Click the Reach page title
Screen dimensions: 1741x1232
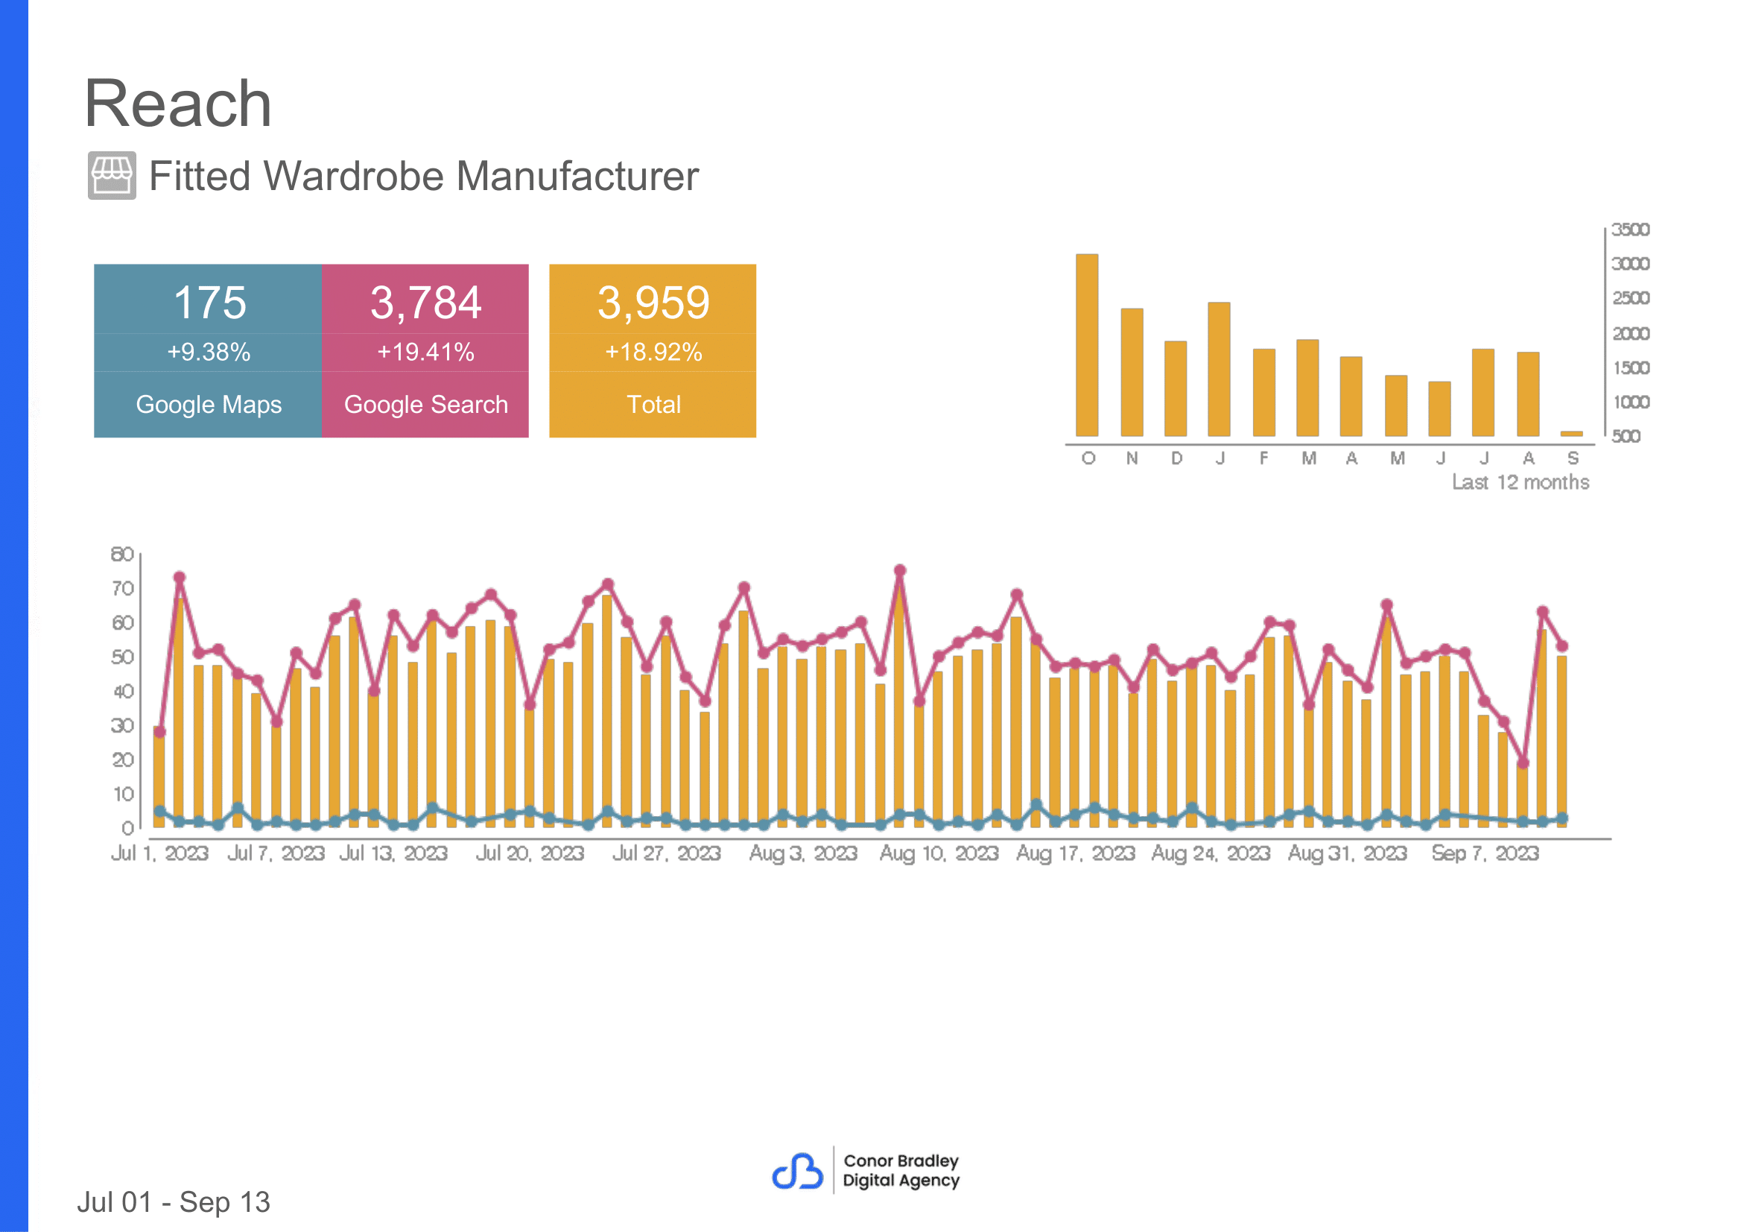(x=177, y=104)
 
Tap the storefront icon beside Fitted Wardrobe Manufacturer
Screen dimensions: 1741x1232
(x=112, y=175)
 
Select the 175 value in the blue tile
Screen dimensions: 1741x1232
(x=210, y=303)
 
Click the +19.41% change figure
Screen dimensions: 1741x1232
(x=425, y=352)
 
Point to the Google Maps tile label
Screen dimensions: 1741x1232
(x=209, y=405)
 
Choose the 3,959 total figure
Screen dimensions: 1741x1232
(x=653, y=303)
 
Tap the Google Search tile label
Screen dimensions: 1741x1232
(x=425, y=405)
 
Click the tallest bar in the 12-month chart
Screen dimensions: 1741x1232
(x=1087, y=345)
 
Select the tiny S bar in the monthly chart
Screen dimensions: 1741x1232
(x=1571, y=434)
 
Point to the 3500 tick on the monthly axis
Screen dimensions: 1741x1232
(x=1630, y=229)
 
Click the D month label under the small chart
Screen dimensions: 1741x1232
(x=1176, y=458)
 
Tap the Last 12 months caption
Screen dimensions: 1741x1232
(x=1520, y=482)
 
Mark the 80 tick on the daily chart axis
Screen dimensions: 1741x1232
(x=122, y=554)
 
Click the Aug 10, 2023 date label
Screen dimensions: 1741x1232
(x=939, y=853)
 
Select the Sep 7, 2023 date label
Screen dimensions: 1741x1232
(x=1485, y=853)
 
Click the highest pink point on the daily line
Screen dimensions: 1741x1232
(x=899, y=570)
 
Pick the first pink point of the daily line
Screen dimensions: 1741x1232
(x=159, y=732)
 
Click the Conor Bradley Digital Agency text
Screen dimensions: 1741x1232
(x=901, y=1171)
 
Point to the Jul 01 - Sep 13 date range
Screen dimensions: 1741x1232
(x=174, y=1202)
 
